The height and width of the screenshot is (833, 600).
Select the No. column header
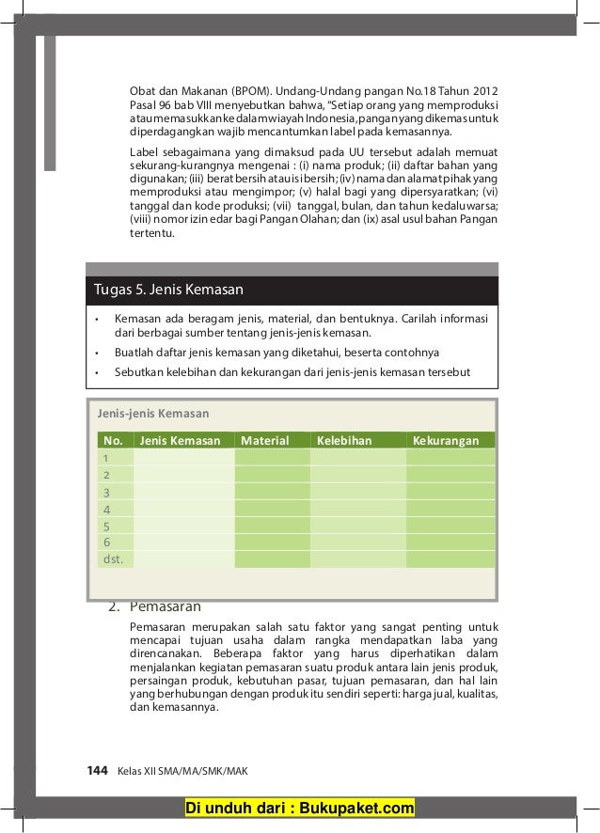(113, 440)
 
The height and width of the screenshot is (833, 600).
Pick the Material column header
(265, 440)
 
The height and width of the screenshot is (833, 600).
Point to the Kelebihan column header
(344, 440)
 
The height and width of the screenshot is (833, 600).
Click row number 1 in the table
(106, 457)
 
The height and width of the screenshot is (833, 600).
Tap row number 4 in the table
(106, 509)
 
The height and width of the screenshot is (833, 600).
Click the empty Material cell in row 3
(271, 492)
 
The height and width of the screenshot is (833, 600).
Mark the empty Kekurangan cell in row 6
(450, 542)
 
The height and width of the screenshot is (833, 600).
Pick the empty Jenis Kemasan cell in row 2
(183, 475)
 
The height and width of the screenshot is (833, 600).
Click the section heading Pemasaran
(165, 605)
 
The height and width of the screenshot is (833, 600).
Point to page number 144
(98, 770)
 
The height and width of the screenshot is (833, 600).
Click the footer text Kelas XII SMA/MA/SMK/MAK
(175, 771)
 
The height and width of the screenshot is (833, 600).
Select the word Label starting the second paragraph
(145, 153)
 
